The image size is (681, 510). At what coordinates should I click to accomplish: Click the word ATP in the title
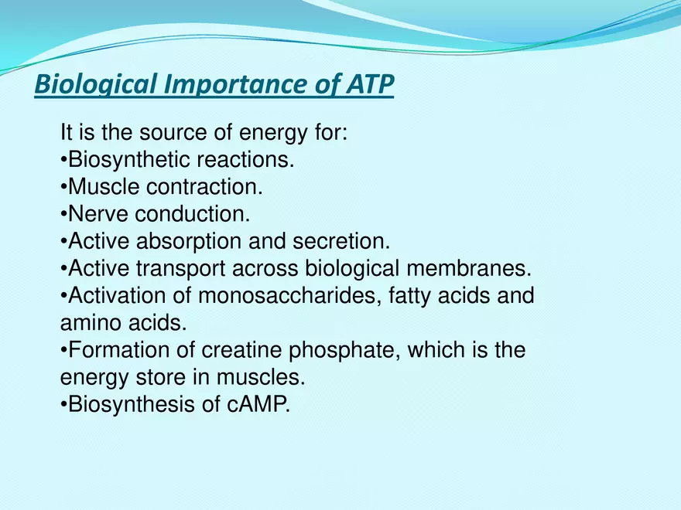[370, 83]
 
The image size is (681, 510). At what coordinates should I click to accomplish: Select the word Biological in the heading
[95, 84]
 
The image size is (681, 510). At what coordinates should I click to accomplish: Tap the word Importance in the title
[236, 84]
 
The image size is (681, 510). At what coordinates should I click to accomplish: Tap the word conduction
[192, 214]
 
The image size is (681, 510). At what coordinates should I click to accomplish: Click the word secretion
[341, 241]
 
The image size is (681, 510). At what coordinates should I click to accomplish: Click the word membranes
[469, 268]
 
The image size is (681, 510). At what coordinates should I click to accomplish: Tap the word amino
[91, 323]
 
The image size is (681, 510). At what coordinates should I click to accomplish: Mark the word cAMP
[258, 404]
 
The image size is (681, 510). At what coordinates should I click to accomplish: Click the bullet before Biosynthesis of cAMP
[63, 405]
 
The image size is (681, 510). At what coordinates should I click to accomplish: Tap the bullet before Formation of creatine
[63, 350]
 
